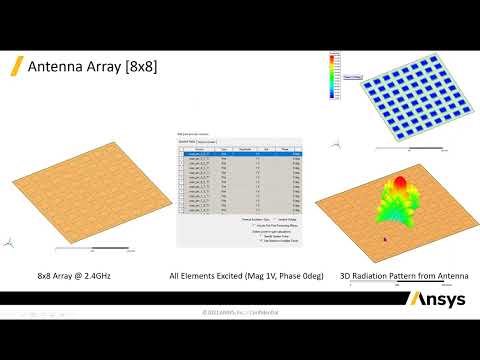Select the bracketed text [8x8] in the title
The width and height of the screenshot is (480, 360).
[140, 67]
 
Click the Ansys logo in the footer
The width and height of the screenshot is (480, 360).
[436, 299]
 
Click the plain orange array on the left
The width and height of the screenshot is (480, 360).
[79, 195]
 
